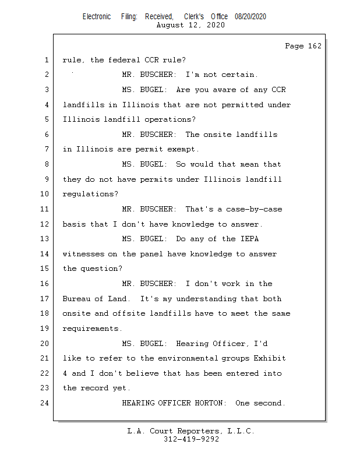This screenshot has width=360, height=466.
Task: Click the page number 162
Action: click(315, 46)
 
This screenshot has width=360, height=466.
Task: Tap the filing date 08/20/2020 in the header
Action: click(250, 17)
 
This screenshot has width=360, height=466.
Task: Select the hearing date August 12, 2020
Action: click(190, 25)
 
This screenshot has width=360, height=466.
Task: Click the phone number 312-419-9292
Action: click(191, 439)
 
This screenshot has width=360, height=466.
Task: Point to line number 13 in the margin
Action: click(44, 239)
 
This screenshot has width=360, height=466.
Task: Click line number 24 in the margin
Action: click(44, 403)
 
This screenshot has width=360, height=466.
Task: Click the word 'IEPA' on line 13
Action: click(249, 239)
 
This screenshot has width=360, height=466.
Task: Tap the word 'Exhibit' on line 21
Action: click(269, 358)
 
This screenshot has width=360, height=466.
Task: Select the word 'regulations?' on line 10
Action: click(90, 194)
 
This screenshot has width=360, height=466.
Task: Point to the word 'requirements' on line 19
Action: click(91, 329)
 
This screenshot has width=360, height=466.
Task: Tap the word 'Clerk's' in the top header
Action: click(194, 17)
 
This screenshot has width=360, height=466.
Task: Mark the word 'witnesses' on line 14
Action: click(83, 254)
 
